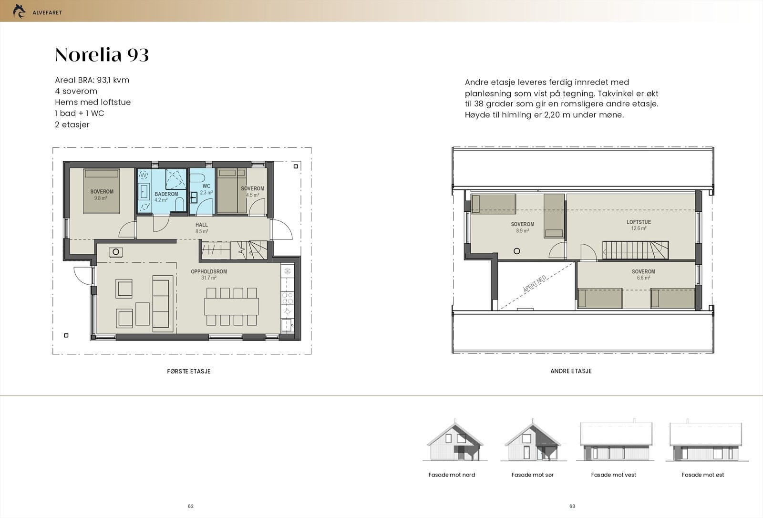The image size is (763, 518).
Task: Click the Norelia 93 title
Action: click(x=102, y=55)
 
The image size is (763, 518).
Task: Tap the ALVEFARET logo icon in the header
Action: click(x=19, y=11)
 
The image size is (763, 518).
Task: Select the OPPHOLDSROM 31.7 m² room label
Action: click(x=209, y=274)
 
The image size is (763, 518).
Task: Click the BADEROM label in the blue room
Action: click(x=166, y=195)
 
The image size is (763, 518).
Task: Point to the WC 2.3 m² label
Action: click(x=206, y=189)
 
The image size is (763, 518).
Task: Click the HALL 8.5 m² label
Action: click(x=201, y=228)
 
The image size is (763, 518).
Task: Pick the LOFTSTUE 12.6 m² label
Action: click(x=638, y=225)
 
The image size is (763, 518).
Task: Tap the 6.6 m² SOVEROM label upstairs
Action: click(x=643, y=274)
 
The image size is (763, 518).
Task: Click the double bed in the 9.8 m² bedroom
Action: click(x=102, y=191)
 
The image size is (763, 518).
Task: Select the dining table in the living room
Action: click(x=231, y=306)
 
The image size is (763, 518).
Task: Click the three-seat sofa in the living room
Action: click(x=161, y=303)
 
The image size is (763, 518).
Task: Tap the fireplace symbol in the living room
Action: click(x=116, y=252)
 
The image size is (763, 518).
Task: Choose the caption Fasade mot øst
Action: click(x=702, y=475)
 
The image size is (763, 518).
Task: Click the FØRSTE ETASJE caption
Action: click(x=189, y=371)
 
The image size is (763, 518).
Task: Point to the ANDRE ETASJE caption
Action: click(x=571, y=371)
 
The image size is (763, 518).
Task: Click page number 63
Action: click(x=572, y=506)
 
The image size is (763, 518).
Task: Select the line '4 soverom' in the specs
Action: click(x=76, y=91)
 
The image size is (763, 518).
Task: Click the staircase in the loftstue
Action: click(x=635, y=250)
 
